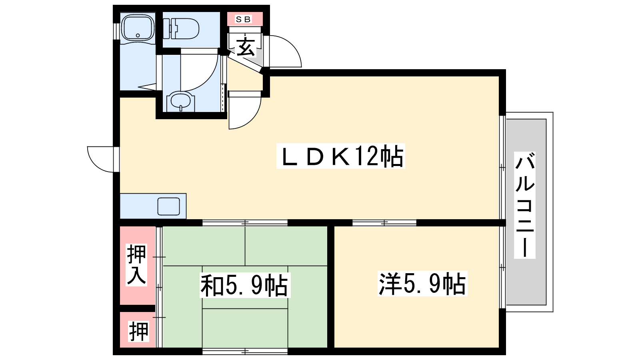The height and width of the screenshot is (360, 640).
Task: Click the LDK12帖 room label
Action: (340, 156)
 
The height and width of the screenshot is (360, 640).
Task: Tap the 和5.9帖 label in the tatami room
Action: (245, 285)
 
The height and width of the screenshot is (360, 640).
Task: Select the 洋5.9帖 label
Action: (422, 284)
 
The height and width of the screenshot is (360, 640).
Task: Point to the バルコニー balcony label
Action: (524, 205)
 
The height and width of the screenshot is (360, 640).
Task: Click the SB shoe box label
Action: (243, 19)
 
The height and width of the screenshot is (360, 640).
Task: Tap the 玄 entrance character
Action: (245, 46)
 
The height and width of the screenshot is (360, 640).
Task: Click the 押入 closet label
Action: (136, 265)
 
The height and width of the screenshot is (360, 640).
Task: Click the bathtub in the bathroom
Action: (138, 28)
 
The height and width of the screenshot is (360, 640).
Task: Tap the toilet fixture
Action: (181, 28)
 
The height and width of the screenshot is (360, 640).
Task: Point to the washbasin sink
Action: (180, 101)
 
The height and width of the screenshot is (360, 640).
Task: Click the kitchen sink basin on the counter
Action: (168, 206)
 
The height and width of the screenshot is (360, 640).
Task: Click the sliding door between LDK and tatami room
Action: (245, 222)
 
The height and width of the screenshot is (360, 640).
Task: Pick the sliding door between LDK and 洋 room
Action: (384, 222)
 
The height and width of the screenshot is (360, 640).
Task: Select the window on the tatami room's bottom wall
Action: (245, 351)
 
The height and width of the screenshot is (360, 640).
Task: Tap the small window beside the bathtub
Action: (116, 31)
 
